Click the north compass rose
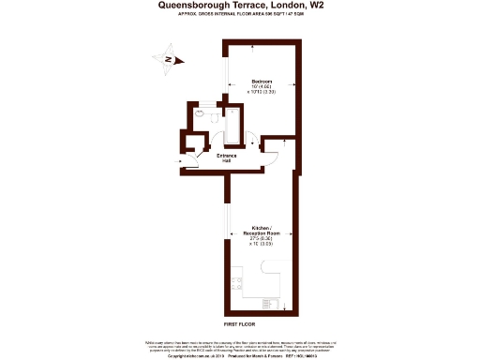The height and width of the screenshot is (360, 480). coord(166,60)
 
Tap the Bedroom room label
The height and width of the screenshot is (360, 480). coord(262,82)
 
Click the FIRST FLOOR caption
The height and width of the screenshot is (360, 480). coord(240,322)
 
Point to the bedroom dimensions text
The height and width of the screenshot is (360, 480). coord(261,91)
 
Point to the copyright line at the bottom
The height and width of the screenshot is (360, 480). coord(240,356)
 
